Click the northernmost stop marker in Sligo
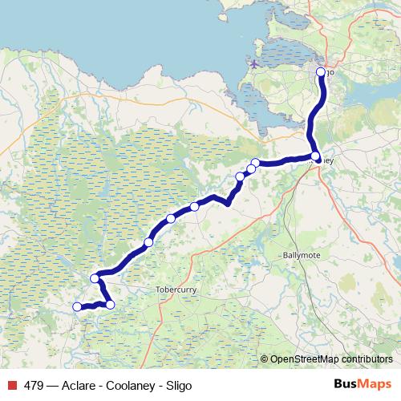click(321, 72)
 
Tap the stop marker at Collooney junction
click(315, 156)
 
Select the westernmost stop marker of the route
click(78, 306)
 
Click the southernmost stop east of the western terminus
click(110, 304)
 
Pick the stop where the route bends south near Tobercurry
click(95, 278)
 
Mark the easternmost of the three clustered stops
click(256, 164)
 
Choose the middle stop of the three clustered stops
click(250, 168)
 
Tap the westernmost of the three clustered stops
click(240, 176)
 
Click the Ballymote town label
click(301, 255)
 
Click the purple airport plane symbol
click(254, 63)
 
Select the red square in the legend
click(11, 385)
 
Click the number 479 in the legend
click(34, 385)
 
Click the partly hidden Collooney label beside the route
click(328, 160)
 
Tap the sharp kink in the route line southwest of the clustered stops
click(229, 204)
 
